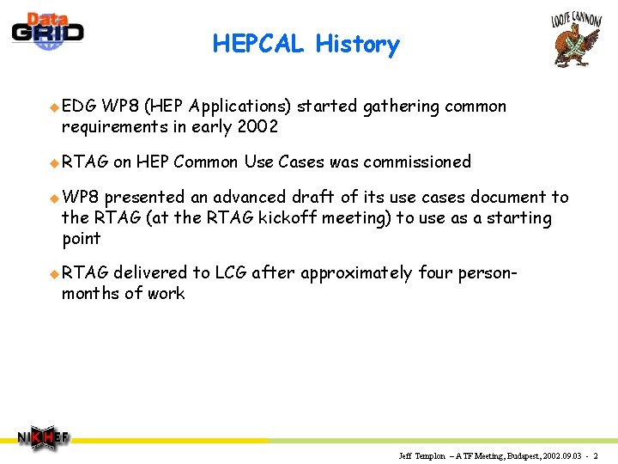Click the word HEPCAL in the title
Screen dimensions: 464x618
[x=258, y=44]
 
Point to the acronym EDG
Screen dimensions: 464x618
[x=79, y=107]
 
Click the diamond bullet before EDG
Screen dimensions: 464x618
[x=54, y=107]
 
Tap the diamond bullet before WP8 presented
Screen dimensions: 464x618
[x=54, y=198]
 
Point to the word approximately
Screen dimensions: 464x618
[x=356, y=273]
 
